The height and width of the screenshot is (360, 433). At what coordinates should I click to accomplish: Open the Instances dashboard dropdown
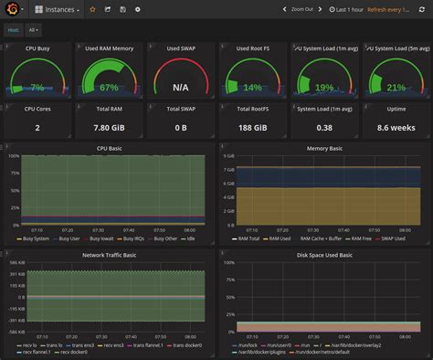[x=57, y=9]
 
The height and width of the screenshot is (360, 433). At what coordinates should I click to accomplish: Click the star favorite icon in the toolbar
[x=92, y=9]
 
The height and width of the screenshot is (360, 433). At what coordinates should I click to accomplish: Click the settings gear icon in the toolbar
[x=138, y=9]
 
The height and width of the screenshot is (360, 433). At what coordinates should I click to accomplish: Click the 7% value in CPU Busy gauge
[x=37, y=88]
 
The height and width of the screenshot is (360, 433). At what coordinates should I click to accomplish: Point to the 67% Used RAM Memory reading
[x=109, y=88]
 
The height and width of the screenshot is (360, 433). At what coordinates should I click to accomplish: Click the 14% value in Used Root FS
[x=252, y=88]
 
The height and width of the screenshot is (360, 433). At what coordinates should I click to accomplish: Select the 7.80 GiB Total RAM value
[x=109, y=128]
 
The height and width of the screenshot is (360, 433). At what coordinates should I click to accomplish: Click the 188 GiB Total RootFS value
[x=252, y=128]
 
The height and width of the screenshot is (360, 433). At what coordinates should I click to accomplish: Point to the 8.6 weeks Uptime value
[x=396, y=128]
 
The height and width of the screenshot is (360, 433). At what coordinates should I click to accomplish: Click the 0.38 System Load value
[x=323, y=128]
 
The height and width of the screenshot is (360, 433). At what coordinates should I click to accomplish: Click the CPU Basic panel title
[x=108, y=147]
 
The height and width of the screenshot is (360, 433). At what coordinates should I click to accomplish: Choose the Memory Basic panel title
[x=323, y=147]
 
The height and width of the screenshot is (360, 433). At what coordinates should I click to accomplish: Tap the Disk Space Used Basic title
[x=323, y=256]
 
